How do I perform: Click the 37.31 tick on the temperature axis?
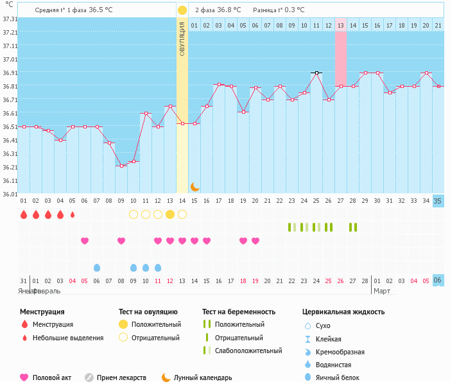[10, 19]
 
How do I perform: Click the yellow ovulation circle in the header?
[182, 10]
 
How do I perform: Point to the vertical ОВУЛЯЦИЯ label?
[182, 39]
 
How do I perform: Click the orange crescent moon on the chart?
[195, 187]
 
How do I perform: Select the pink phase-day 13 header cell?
[341, 25]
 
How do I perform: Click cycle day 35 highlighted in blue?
[438, 201]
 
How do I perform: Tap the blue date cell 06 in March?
[438, 281]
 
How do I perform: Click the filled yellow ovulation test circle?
[170, 214]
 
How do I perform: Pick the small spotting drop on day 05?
[73, 214]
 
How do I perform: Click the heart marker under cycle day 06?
[85, 241]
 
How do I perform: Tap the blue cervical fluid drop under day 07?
[97, 267]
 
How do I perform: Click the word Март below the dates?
[382, 291]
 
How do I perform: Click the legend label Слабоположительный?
[248, 351]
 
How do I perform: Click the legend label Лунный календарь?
[207, 378]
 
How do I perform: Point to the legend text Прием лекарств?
[121, 378]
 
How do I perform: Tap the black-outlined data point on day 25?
[316, 73]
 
